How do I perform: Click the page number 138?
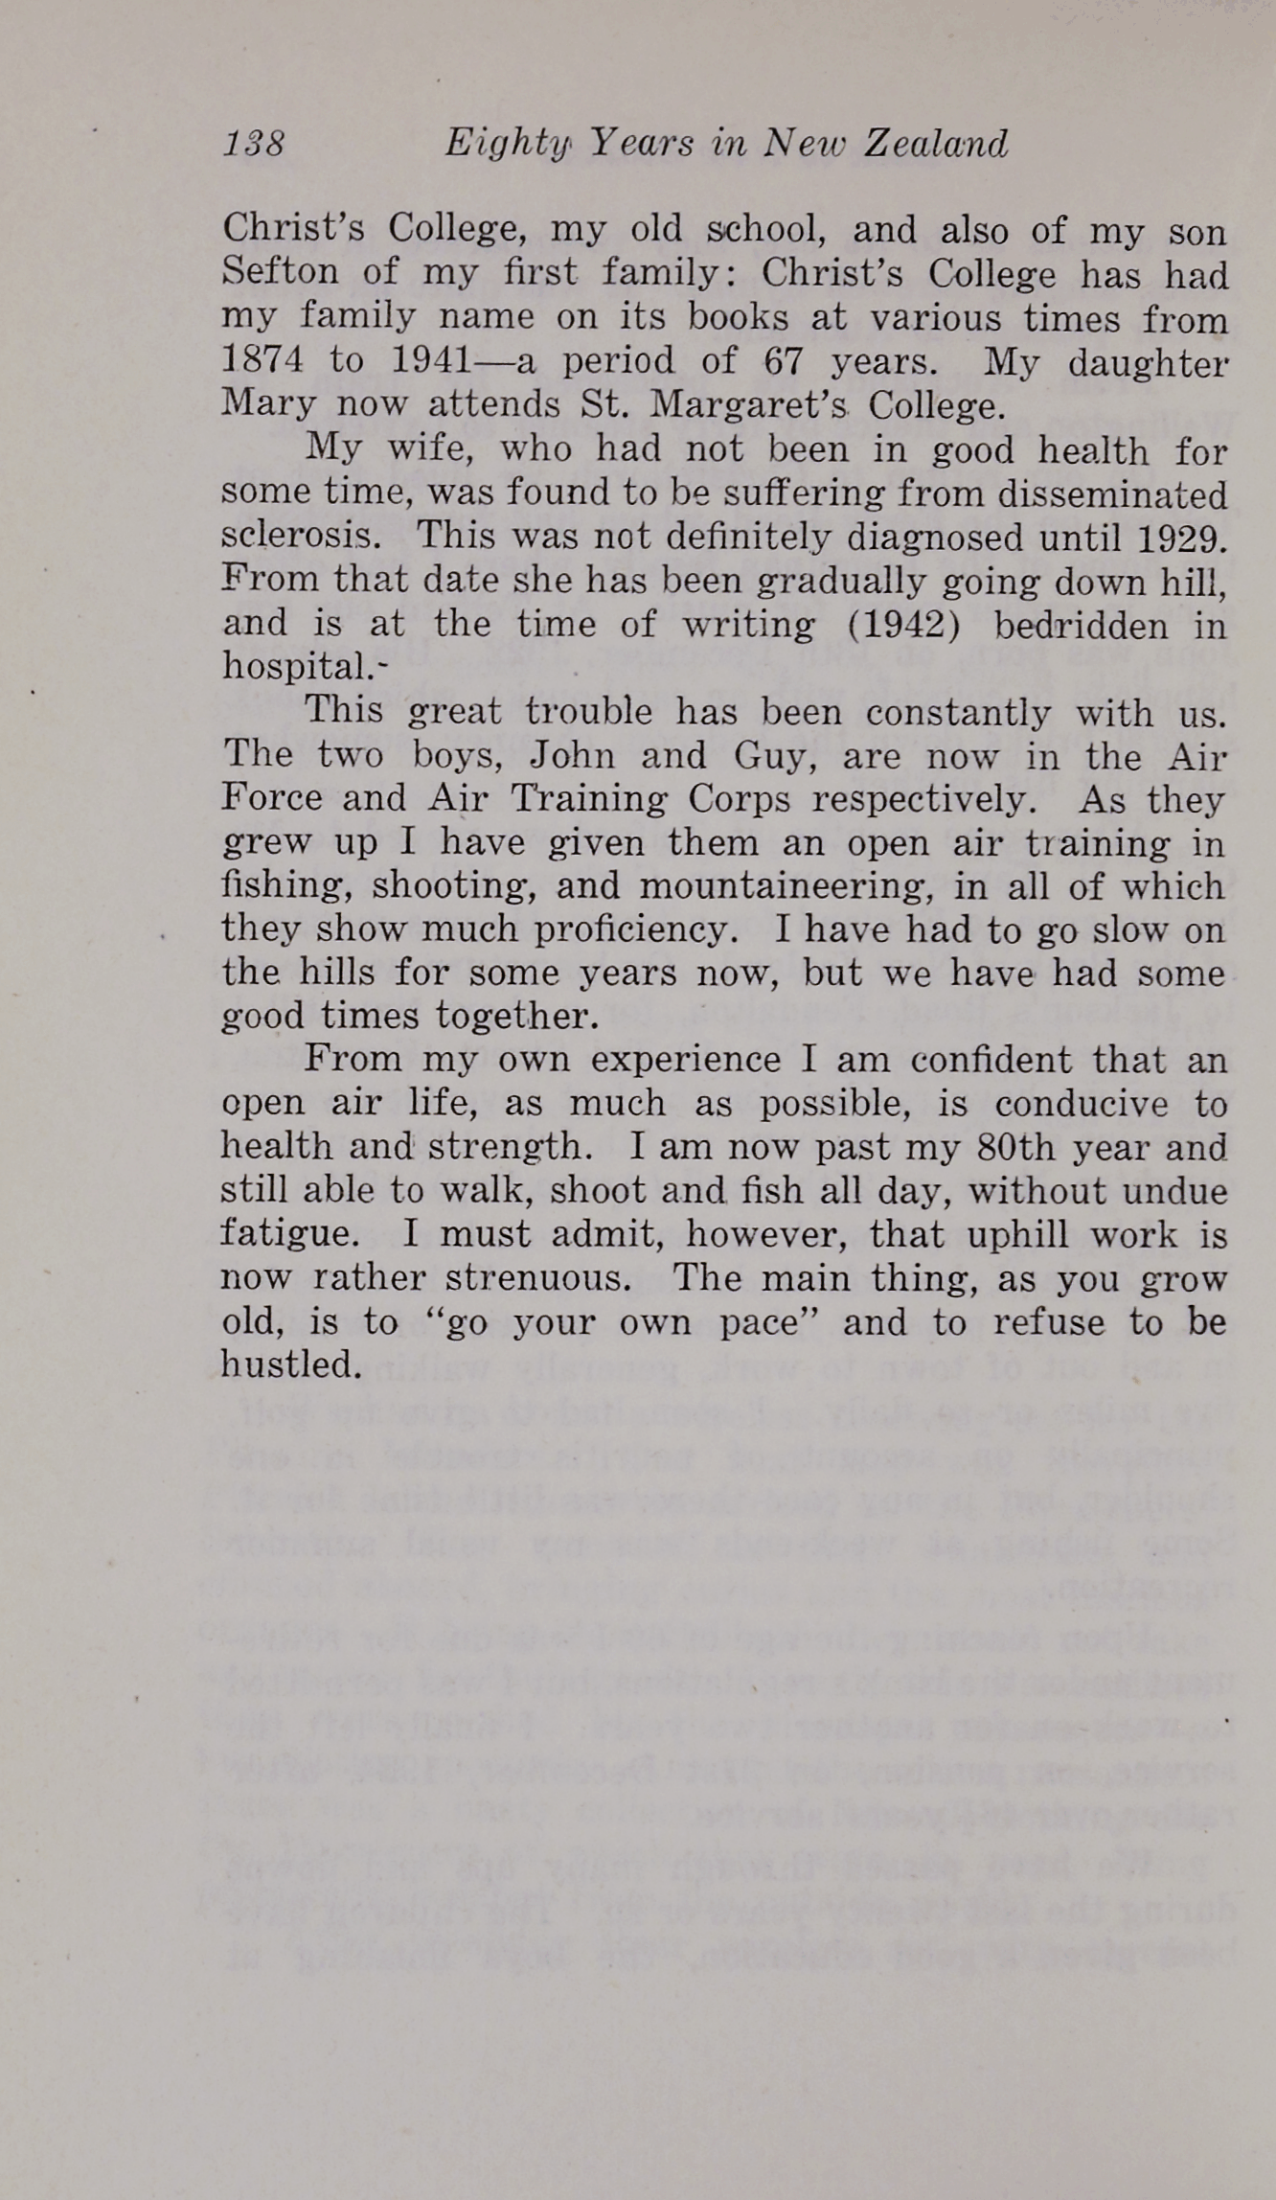click(254, 144)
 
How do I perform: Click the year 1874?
click(262, 360)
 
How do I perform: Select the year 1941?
click(432, 360)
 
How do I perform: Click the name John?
click(572, 756)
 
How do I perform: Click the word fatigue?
click(290, 1235)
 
